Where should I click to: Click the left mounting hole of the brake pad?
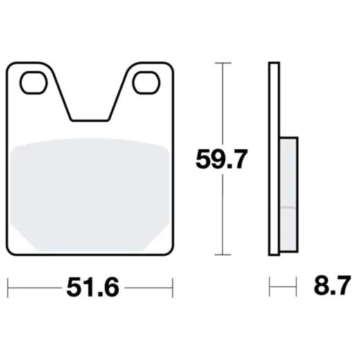tap(32, 83)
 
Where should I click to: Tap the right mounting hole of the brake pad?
tap(146, 83)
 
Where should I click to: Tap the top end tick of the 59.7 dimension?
tap(221, 63)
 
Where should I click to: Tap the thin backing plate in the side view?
tap(273, 159)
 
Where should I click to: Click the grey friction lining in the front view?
tap(90, 194)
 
